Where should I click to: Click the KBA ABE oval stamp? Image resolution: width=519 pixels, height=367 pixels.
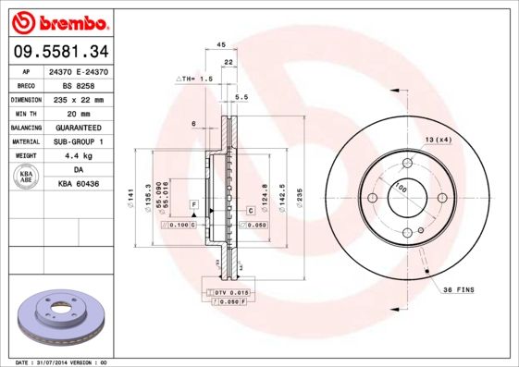pos(27,177)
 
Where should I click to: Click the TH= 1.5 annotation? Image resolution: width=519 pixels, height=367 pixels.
pos(195,80)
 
